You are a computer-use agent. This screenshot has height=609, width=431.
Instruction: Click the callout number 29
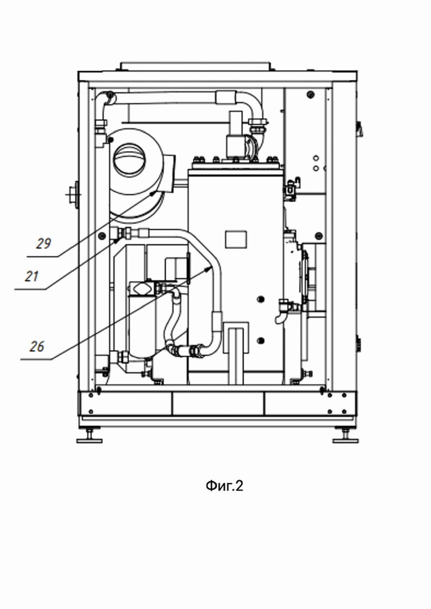point(44,243)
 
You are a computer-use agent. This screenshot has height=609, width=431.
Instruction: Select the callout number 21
point(32,277)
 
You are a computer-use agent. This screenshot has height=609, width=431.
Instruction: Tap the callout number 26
point(38,346)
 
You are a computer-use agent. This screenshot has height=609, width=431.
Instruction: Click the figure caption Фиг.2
point(224,485)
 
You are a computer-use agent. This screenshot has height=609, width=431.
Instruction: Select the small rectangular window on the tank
point(236,239)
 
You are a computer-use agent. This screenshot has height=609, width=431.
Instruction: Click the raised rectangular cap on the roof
point(195,66)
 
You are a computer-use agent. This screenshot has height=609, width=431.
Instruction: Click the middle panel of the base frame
point(218,404)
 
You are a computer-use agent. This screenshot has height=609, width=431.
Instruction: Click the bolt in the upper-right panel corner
point(310,94)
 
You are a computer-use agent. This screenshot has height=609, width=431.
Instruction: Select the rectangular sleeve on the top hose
point(226,97)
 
